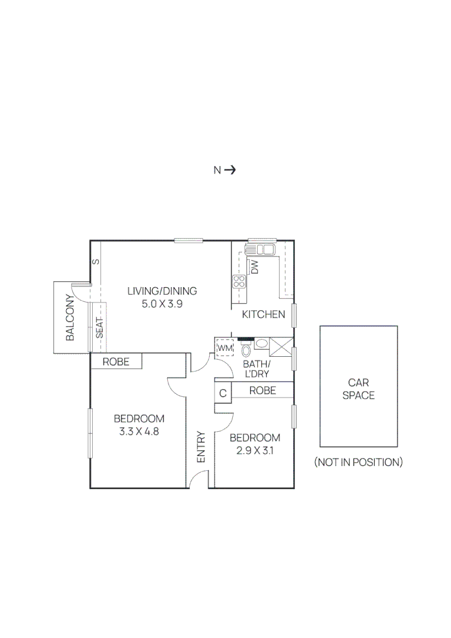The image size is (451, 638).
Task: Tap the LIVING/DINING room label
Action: pyautogui.click(x=163, y=291)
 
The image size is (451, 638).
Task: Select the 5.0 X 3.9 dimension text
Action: pyautogui.click(x=163, y=305)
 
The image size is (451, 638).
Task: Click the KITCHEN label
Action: pyautogui.click(x=264, y=314)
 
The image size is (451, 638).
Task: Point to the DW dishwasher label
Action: pyautogui.click(x=255, y=268)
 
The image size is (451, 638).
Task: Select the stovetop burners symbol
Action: pyautogui.click(x=239, y=281)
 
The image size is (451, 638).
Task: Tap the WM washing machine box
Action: pyautogui.click(x=225, y=348)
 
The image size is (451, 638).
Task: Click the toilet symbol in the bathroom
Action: pyautogui.click(x=246, y=351)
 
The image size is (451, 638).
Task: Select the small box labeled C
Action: pyautogui.click(x=223, y=393)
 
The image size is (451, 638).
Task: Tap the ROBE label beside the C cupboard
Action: pyautogui.click(x=262, y=390)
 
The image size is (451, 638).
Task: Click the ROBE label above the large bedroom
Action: pyautogui.click(x=116, y=362)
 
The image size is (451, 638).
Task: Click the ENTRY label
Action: pyautogui.click(x=200, y=447)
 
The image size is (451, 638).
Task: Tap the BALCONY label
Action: pyautogui.click(x=70, y=318)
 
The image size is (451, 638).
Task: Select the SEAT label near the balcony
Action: pyautogui.click(x=100, y=328)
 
